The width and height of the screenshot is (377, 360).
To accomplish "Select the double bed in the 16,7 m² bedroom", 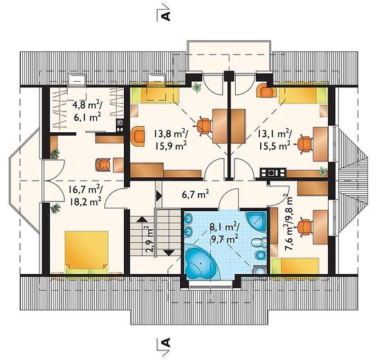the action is point(86,253).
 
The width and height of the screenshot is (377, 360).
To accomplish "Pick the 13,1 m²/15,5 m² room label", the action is point(275,139).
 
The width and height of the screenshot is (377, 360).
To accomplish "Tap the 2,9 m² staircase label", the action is point(149,239).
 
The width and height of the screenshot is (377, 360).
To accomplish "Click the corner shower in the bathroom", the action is point(256,222).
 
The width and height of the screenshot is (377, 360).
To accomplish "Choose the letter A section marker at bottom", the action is point(165,343).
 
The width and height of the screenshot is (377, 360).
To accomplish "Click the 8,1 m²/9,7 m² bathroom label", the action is point(224,233).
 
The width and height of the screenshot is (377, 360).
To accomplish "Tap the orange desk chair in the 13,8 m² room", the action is point(203,126).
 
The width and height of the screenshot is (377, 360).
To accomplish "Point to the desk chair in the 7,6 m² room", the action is point(305,226).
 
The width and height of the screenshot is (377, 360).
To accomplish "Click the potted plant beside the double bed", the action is point(55,208).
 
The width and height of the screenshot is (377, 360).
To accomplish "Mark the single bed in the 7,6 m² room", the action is point(295,266).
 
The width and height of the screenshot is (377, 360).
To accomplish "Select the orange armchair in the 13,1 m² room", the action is point(266,91).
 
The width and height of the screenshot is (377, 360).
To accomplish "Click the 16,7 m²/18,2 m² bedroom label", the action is point(85,195).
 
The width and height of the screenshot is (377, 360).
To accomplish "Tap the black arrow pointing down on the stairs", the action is point(169,252).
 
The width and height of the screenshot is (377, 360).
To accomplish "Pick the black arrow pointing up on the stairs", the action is point(142,219).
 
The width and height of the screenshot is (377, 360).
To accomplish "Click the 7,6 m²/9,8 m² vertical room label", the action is point(288,224).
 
